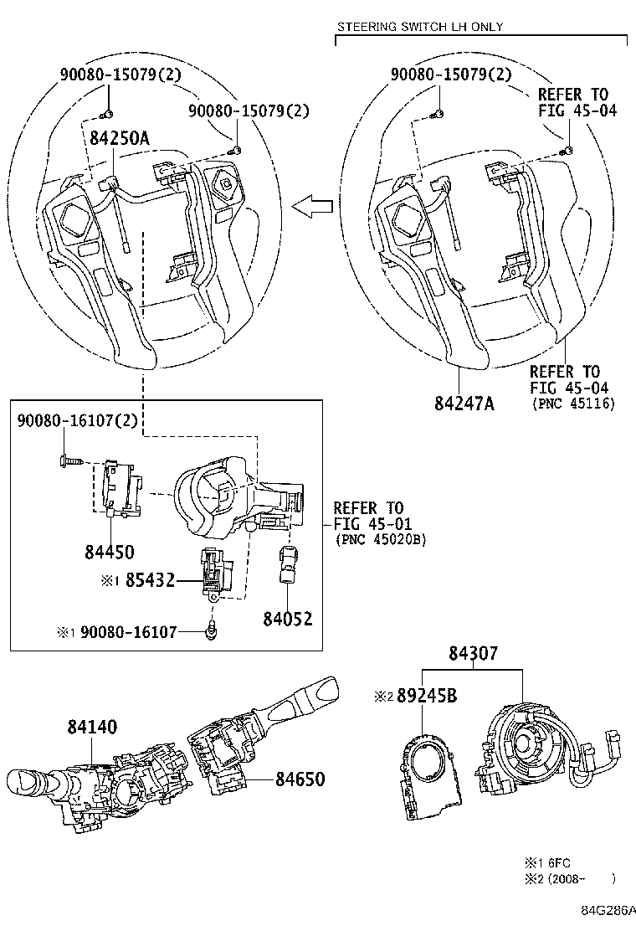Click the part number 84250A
[x=115, y=139]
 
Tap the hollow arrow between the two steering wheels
[x=311, y=205]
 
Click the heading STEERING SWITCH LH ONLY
[x=419, y=27]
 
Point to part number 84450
[x=109, y=551]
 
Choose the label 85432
[x=150, y=579]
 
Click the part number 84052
[x=287, y=619]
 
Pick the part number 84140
[x=92, y=728]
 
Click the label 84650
[x=300, y=779]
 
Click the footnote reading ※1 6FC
[x=547, y=862]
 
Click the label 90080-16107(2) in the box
[x=77, y=422]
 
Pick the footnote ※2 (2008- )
[x=569, y=878]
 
